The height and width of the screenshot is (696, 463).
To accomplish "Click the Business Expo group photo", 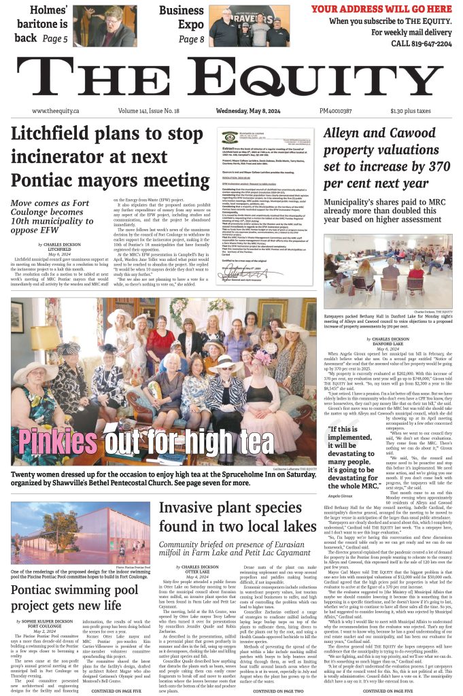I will coord(239,24).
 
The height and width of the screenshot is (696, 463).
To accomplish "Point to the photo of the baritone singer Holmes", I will coord(104,26).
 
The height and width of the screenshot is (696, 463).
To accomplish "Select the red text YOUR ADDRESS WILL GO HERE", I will coord(381,9).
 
